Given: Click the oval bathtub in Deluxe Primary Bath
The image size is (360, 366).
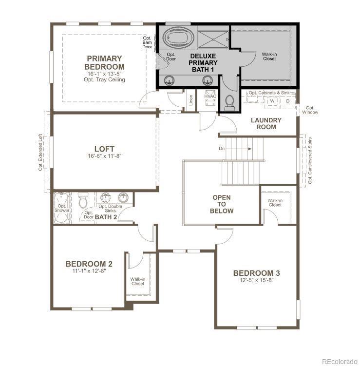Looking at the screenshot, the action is pos(178,38).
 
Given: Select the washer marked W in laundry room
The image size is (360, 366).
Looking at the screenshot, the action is pos(272,101).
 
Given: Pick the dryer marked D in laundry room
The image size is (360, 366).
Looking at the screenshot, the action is pos(288,101).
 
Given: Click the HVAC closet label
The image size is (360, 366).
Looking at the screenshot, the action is pos(210,96).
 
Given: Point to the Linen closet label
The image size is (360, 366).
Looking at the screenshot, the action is pos(191,100).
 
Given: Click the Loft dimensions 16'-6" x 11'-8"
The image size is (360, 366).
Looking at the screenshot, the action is pos(105,156).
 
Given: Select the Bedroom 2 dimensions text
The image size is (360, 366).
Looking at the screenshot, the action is pos(89,271).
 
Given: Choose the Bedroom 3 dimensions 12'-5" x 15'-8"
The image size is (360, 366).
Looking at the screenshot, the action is pos(256,280).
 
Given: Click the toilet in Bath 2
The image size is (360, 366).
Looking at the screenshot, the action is pos(83,200).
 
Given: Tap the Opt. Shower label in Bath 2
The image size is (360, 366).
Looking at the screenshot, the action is pos(62,208).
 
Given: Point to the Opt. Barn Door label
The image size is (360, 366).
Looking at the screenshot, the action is pos(147,42).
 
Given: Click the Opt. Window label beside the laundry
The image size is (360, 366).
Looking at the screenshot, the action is pos(310,110).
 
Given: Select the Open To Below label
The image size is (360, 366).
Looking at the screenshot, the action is pos(222,204).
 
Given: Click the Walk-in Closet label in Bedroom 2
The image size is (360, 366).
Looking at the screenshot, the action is pos(138,281).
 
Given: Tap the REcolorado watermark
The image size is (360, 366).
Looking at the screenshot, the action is pos(340,362).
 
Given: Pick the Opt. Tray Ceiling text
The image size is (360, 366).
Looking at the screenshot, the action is pos(104,79).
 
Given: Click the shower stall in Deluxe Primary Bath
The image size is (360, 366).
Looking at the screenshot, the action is pos(213,39).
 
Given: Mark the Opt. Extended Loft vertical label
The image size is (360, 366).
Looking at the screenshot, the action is pos(40,152).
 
